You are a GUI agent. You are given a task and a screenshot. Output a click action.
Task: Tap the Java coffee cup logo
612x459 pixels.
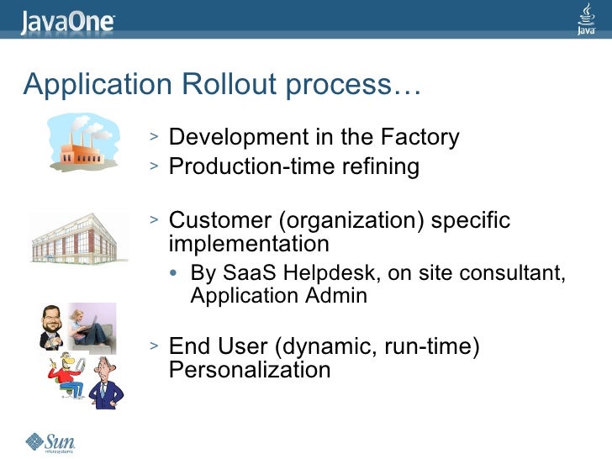(587, 19)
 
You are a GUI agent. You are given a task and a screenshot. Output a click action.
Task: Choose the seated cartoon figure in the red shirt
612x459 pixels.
(65, 376)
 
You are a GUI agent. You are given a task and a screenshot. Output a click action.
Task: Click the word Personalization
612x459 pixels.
(250, 370)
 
